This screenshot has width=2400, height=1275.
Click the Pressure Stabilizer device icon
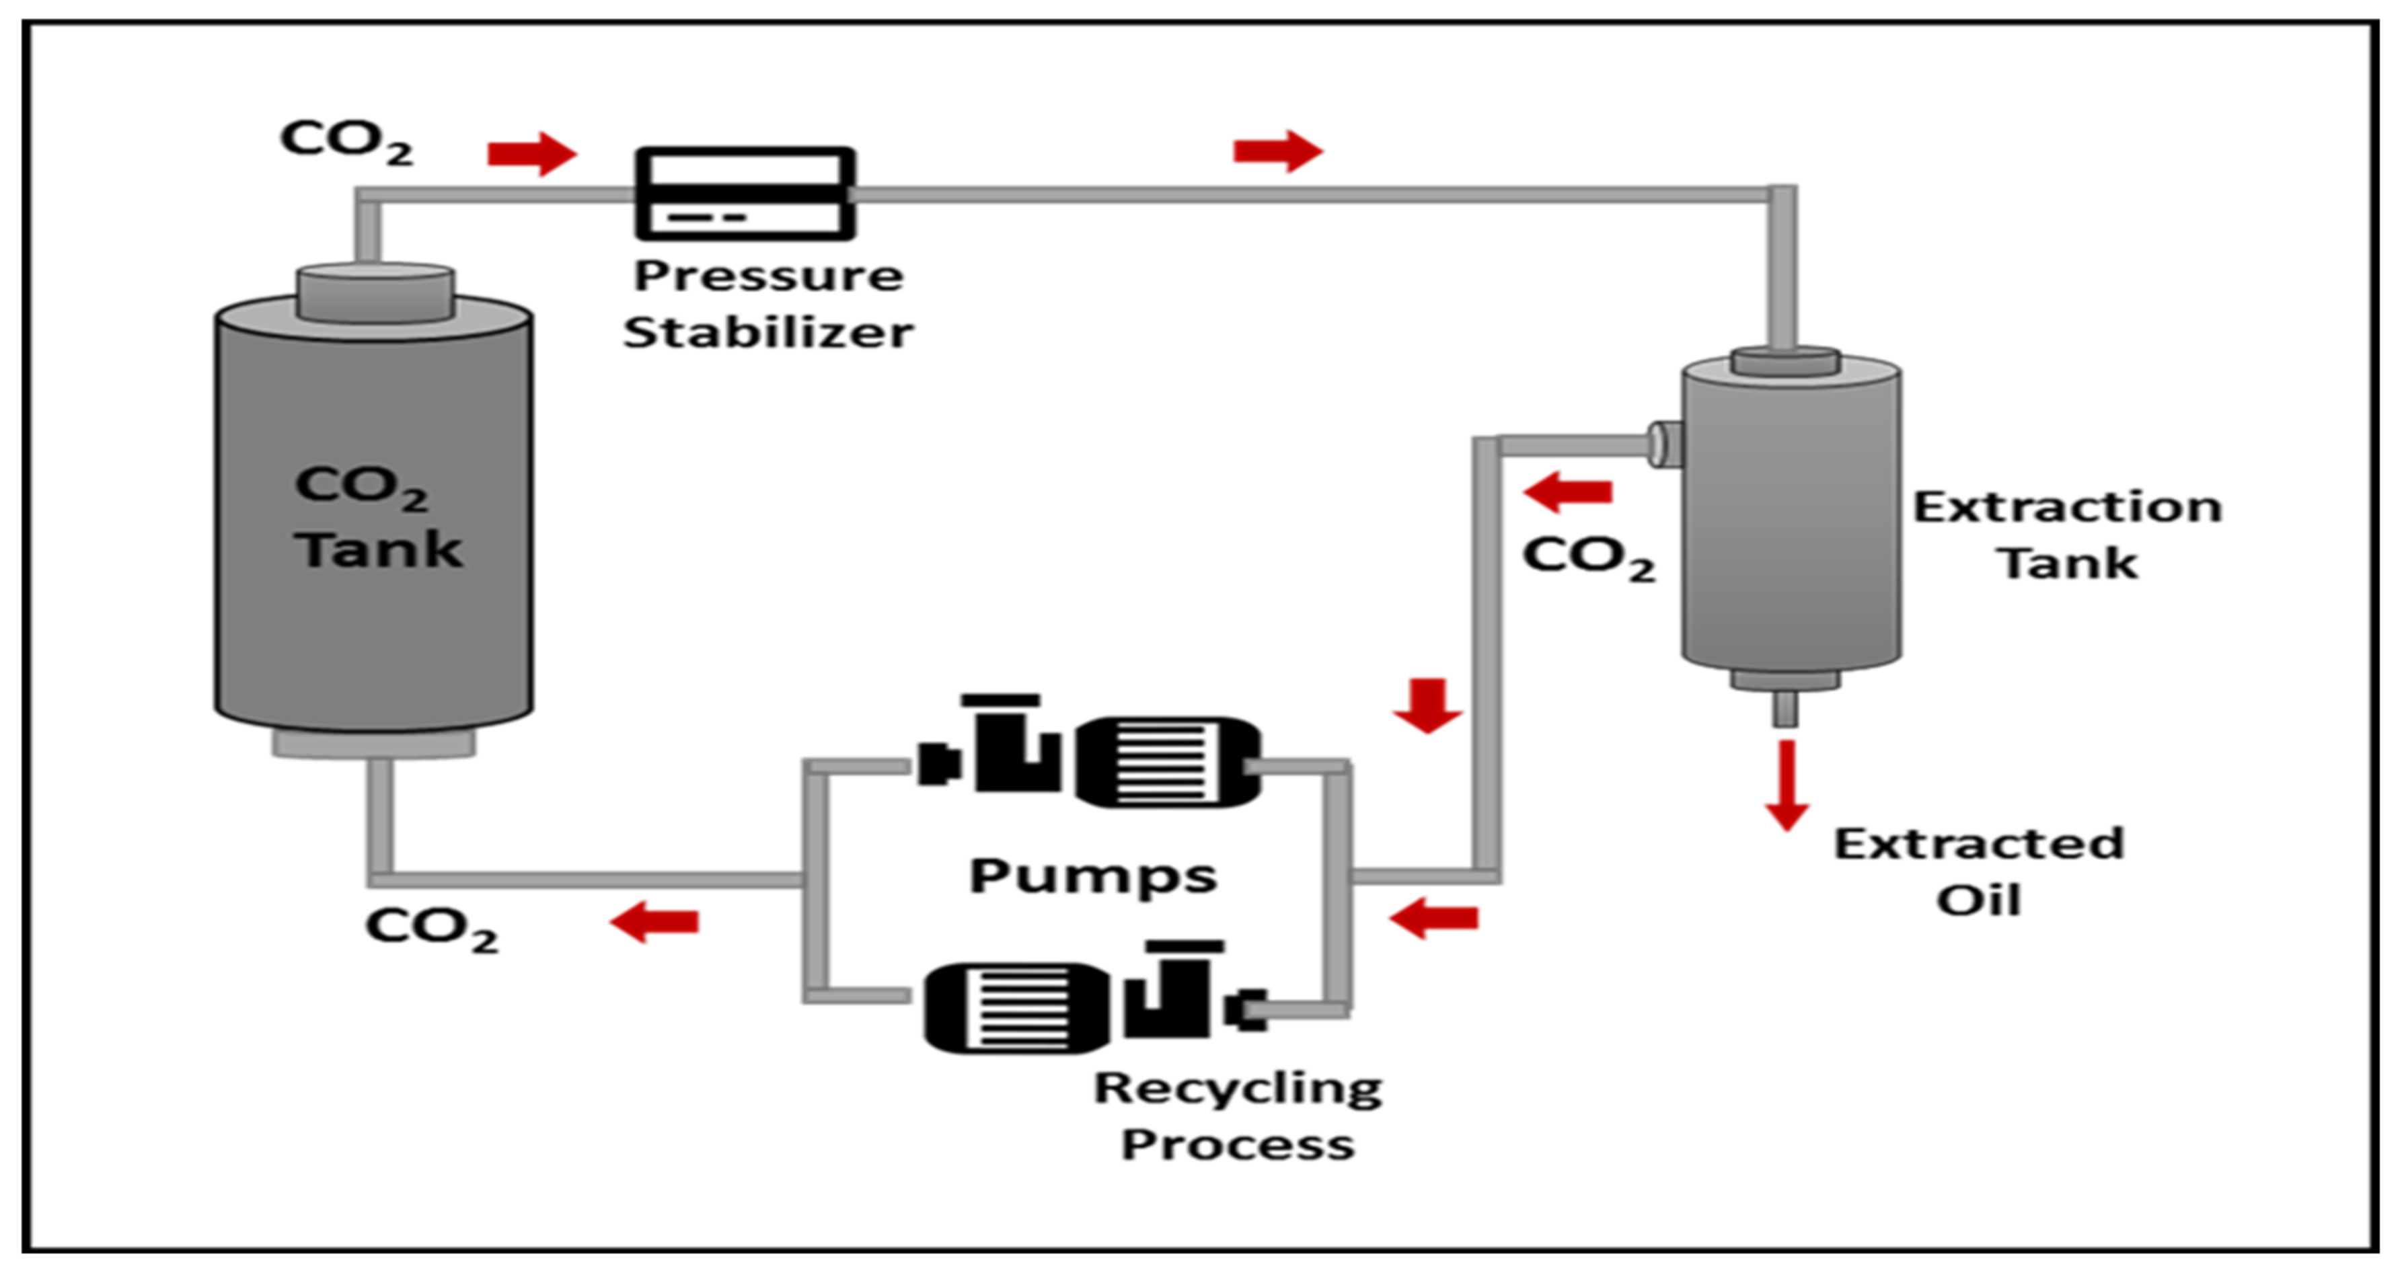pos(745,194)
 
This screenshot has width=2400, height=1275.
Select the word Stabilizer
pos(769,332)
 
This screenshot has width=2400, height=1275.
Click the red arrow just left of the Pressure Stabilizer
pos(532,154)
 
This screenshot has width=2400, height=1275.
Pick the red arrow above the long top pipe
pos(1277,151)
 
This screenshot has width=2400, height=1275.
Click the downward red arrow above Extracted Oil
pos(1786,784)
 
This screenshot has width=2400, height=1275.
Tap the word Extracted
pos(1979,844)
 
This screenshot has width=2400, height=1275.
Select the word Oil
pos(1979,900)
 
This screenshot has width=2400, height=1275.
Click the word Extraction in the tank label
pos(2068,508)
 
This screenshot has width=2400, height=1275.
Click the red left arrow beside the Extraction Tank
pos(1567,492)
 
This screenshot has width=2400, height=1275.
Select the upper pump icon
pos(1089,752)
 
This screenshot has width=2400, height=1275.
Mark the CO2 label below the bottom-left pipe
pos(431,929)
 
